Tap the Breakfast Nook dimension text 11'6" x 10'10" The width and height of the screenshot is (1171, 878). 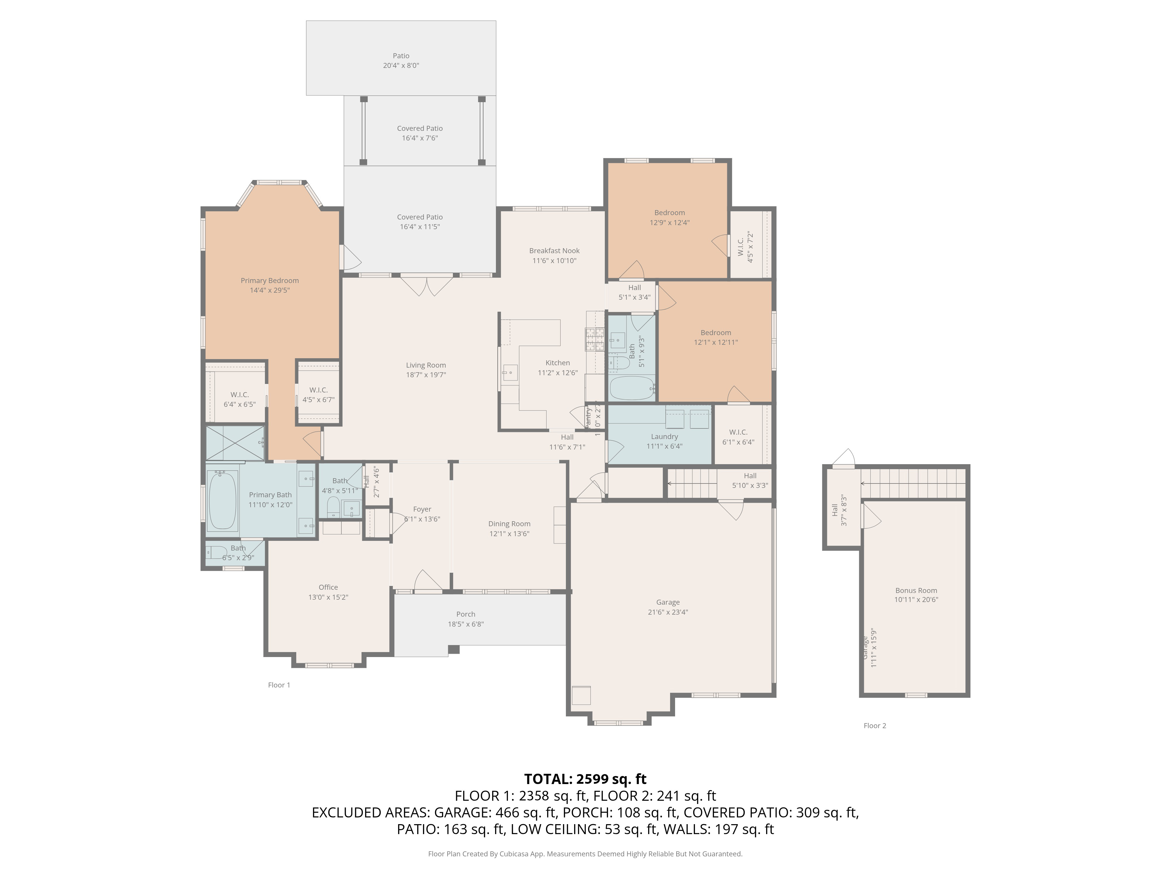coord(554,260)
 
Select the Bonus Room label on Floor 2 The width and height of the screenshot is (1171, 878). coord(916,590)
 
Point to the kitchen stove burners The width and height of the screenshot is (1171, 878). coord(595,339)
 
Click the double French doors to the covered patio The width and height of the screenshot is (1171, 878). coord(427,286)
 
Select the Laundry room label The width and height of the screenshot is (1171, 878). coord(664,437)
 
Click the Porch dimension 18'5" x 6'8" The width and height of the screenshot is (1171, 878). coord(465,624)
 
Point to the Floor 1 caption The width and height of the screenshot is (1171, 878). coord(279,685)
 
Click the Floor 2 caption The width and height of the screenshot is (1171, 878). coord(874,726)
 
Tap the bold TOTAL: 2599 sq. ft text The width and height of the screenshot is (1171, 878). coord(585,779)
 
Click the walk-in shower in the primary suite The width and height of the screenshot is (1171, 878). coord(234,443)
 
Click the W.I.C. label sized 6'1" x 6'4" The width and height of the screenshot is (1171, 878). coord(738,432)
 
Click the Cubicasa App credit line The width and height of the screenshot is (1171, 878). coord(585,854)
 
